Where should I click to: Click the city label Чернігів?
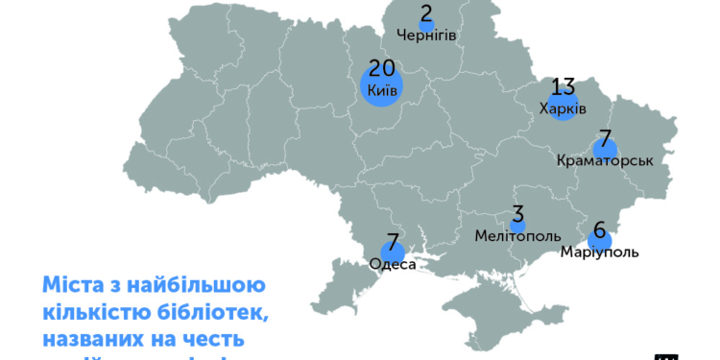(426, 36)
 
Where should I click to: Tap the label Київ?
(382, 91)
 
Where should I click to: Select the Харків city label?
(563, 108)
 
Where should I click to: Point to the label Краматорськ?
(605, 161)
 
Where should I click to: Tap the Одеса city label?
(393, 264)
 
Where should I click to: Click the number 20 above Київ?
(382, 68)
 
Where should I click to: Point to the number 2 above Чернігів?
(426, 13)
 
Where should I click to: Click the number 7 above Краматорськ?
(605, 139)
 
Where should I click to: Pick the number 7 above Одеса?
(393, 243)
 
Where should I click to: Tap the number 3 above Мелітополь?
(516, 213)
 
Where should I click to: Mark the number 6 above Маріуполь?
(600, 231)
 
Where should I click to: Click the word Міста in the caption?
(69, 286)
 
